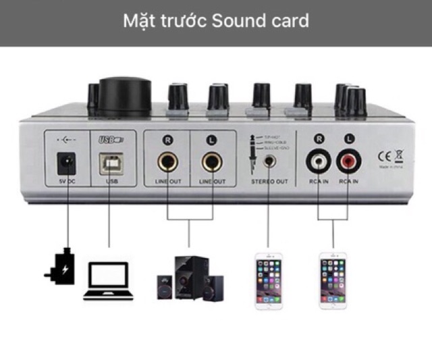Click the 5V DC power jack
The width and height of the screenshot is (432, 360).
tap(66, 163)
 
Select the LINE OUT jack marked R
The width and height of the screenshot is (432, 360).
tap(167, 163)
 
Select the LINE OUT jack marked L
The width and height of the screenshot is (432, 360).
tap(211, 163)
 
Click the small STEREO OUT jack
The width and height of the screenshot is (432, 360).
tap(271, 161)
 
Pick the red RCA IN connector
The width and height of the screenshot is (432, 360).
tap(349, 161)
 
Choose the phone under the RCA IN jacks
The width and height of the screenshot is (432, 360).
tap(333, 280)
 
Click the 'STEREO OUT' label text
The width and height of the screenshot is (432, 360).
tap(270, 182)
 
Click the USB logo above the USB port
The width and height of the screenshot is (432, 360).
tap(110, 140)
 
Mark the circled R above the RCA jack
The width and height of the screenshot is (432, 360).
tap(319, 138)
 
